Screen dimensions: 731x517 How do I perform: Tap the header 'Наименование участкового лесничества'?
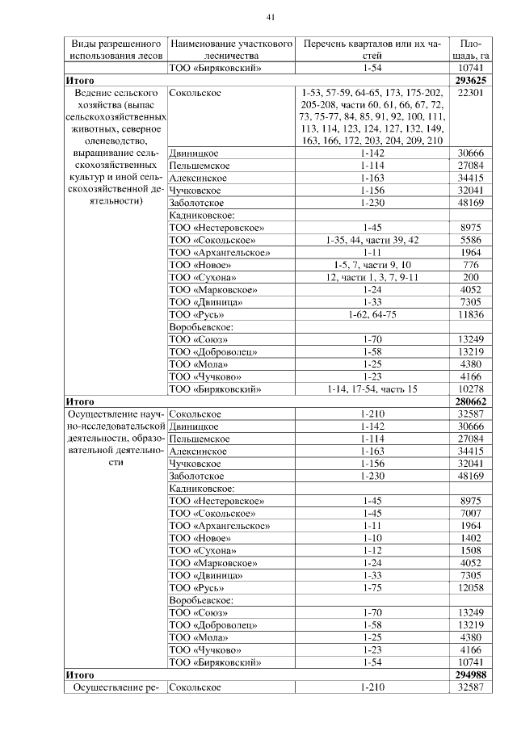[x=230, y=49]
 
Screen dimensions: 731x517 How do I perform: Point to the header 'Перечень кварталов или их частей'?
[x=372, y=49]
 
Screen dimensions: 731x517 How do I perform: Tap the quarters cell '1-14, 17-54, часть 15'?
[x=372, y=389]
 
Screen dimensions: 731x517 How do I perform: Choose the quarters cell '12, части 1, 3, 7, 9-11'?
[x=372, y=275]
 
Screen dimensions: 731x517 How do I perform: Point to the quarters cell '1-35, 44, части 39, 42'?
[x=372, y=241]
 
